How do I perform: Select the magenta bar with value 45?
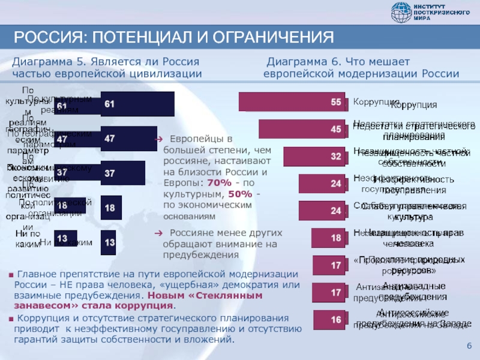click(303, 129)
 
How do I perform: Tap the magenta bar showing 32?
click(307, 156)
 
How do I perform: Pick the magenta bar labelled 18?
click(329, 238)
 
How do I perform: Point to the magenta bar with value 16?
click(330, 319)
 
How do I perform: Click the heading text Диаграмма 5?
click(52, 62)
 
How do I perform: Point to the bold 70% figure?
click(218, 182)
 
